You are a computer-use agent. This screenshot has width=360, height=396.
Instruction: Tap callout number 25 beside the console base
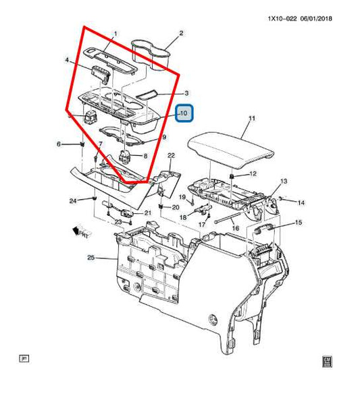[91, 258]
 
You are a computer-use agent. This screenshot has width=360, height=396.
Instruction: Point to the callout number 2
[181, 33]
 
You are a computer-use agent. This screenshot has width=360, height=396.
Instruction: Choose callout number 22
[172, 156]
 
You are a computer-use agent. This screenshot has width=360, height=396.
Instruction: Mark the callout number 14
[301, 202]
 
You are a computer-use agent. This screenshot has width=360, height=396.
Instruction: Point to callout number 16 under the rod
[235, 229]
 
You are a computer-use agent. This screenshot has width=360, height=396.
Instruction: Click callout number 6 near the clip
[59, 144]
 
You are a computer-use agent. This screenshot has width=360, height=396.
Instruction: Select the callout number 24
[73, 200]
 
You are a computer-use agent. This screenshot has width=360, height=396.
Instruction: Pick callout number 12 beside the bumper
[253, 175]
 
